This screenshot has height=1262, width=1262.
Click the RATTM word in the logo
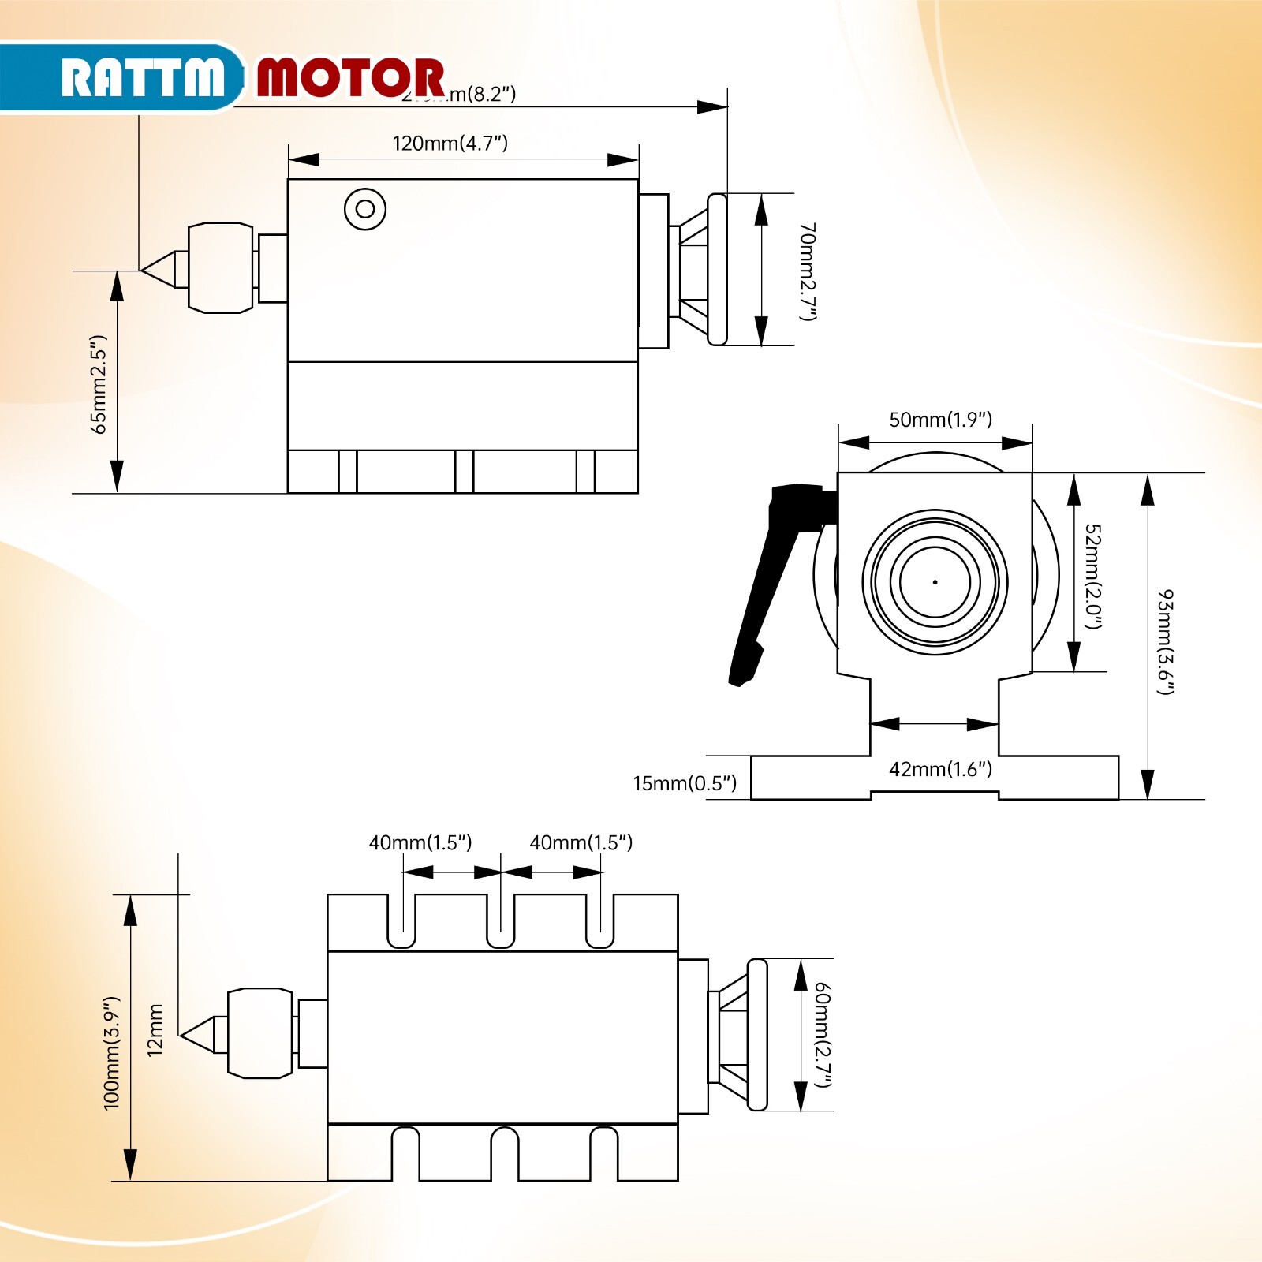click(x=142, y=77)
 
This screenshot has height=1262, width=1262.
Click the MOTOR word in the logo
click(x=350, y=77)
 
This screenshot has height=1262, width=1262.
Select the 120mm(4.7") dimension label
click(x=450, y=143)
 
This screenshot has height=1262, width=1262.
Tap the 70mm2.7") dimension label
click(x=808, y=271)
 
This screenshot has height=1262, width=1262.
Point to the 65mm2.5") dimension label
click(x=99, y=384)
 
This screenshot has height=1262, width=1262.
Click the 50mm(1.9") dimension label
click(x=940, y=419)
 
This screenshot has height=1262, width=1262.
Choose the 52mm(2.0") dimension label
click(x=1092, y=576)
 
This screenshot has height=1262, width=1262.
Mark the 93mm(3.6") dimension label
click(x=1165, y=640)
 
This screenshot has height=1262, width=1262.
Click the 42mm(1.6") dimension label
click(x=940, y=769)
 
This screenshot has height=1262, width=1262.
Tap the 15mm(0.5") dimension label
click(x=684, y=783)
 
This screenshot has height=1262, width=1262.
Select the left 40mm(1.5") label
click(x=420, y=842)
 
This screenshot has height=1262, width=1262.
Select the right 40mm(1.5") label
click(x=581, y=842)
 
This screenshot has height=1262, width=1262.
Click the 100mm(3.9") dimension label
click(x=112, y=1052)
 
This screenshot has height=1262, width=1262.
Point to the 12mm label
click(x=155, y=1029)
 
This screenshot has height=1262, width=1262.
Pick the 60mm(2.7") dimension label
click(x=823, y=1034)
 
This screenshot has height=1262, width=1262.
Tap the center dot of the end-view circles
click(x=935, y=582)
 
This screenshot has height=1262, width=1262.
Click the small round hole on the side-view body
click(x=365, y=209)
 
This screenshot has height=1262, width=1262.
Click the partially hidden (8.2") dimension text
click(x=481, y=95)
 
